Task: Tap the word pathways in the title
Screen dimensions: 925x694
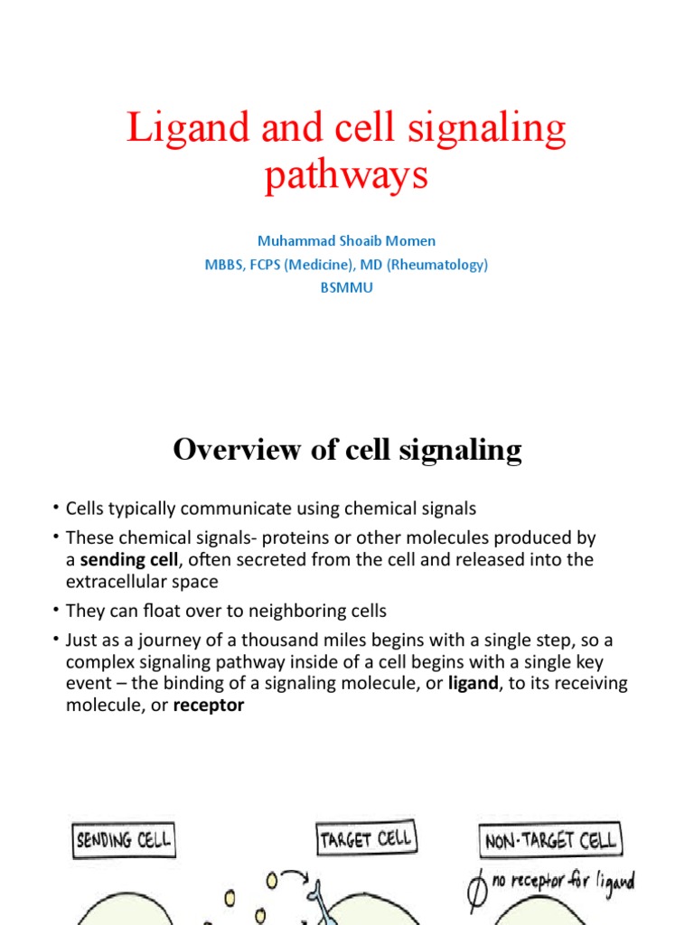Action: [346, 174]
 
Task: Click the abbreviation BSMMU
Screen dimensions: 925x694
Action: [347, 289]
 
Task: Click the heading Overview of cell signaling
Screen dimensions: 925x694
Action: [347, 449]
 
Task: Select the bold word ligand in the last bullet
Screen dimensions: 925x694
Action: [473, 684]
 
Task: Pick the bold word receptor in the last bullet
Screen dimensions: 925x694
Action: [210, 705]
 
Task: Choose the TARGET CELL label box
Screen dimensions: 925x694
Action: [364, 839]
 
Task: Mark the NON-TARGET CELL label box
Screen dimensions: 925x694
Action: [550, 840]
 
